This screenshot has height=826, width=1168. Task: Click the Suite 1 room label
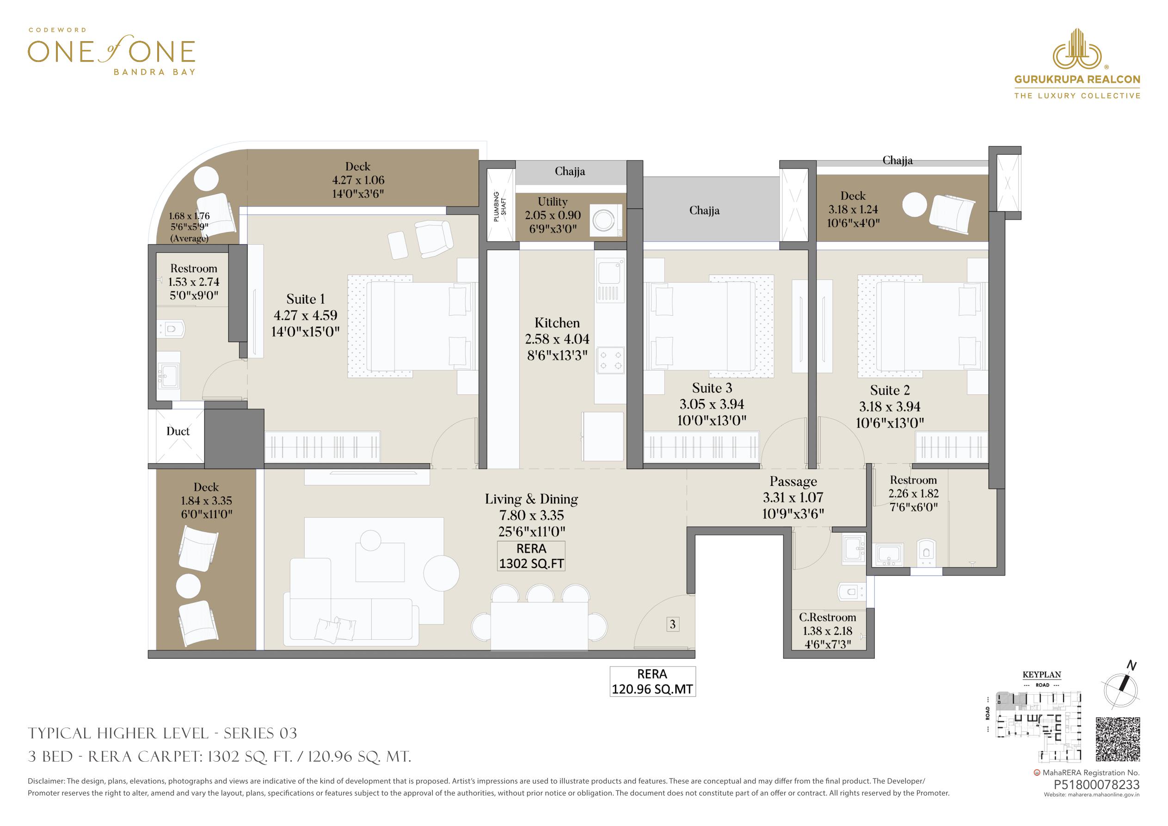pos(305,299)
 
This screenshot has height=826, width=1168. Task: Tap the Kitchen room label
pos(557,323)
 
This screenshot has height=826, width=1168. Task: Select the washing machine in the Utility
pos(606,220)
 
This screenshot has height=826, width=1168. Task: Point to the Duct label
pos(178,431)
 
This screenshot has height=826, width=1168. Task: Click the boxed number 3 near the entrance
pos(672,624)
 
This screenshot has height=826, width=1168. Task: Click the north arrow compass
pos(1121,688)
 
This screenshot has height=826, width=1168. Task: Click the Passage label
pos(793,481)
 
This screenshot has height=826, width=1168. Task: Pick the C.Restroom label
pos(828,618)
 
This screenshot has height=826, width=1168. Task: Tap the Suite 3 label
pos(712,388)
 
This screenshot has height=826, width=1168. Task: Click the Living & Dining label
pos(532,500)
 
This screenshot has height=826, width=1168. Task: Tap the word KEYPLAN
pos(1042,675)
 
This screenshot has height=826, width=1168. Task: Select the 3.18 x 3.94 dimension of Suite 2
pos(890,406)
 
